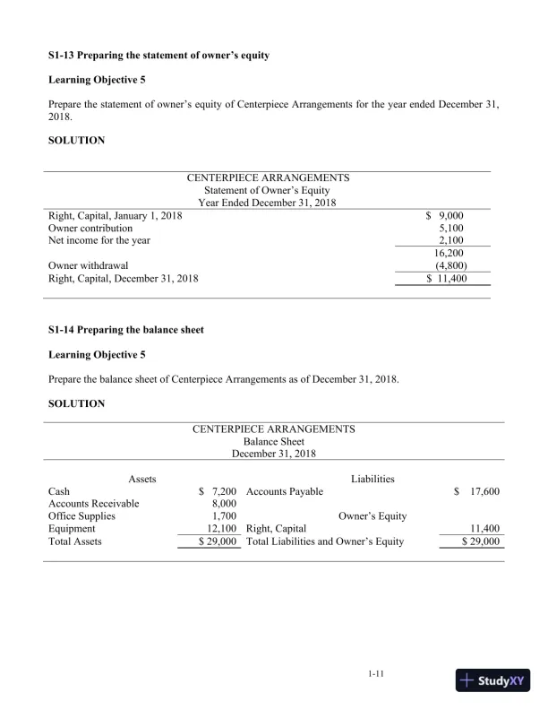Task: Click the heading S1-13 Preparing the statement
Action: pos(158,56)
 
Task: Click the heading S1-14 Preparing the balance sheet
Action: pos(125,330)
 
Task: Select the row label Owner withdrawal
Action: pos(87,265)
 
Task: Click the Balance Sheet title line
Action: pos(273,441)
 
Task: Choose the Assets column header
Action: pos(142,480)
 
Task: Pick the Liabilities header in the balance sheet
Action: pos(372,480)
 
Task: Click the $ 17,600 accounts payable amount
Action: pos(477,492)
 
